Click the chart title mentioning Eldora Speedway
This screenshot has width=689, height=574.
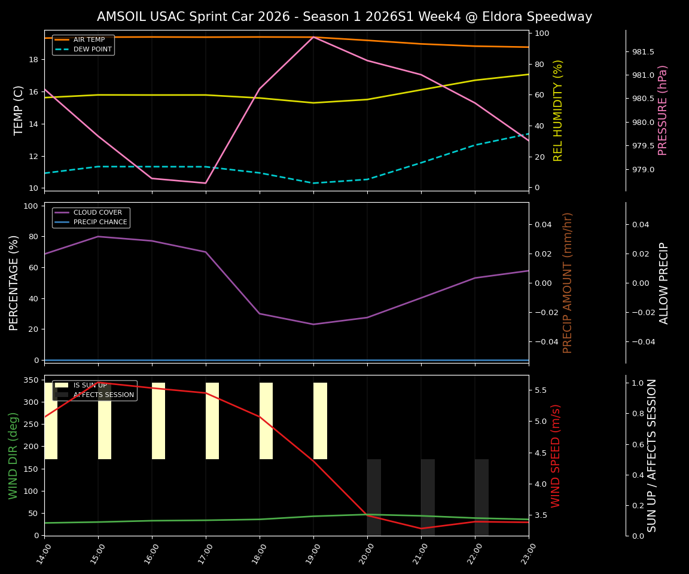tap(344, 17)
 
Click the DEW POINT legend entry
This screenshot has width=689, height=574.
tap(92, 50)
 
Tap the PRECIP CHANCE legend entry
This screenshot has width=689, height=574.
tap(100, 222)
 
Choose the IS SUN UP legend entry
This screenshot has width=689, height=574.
tap(90, 386)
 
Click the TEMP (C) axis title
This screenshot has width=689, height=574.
tap(19, 110)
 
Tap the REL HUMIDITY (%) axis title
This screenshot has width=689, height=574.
tap(559, 110)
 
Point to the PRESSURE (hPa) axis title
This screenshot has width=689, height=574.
tap(663, 110)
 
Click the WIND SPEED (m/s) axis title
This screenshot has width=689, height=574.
tap(556, 456)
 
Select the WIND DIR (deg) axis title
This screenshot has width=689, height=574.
tap(13, 456)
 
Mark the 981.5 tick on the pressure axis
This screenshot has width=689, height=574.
tap(643, 52)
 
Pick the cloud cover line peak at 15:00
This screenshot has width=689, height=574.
tap(98, 236)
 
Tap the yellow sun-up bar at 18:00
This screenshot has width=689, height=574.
tap(266, 421)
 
